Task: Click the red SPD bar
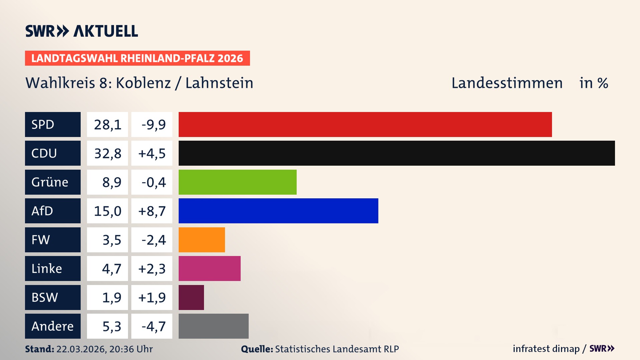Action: (x=365, y=124)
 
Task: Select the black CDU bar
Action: (x=397, y=153)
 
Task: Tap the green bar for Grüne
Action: (x=237, y=182)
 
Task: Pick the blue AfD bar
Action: (x=278, y=211)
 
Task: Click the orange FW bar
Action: (x=202, y=240)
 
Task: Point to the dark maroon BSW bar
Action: (x=191, y=297)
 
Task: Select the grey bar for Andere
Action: (x=213, y=326)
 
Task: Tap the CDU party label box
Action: (x=53, y=153)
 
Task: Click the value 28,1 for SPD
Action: (x=107, y=125)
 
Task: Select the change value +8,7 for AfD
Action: (x=152, y=211)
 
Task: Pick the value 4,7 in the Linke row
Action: (x=111, y=269)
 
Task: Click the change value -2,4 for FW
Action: (x=153, y=240)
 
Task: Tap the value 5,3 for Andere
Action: (x=111, y=326)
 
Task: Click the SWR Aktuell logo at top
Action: (x=82, y=31)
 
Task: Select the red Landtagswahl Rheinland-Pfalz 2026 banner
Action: (x=137, y=58)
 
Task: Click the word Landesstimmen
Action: (x=507, y=83)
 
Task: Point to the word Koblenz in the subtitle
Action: (x=143, y=83)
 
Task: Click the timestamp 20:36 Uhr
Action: (x=131, y=349)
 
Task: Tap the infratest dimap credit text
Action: (x=546, y=349)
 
